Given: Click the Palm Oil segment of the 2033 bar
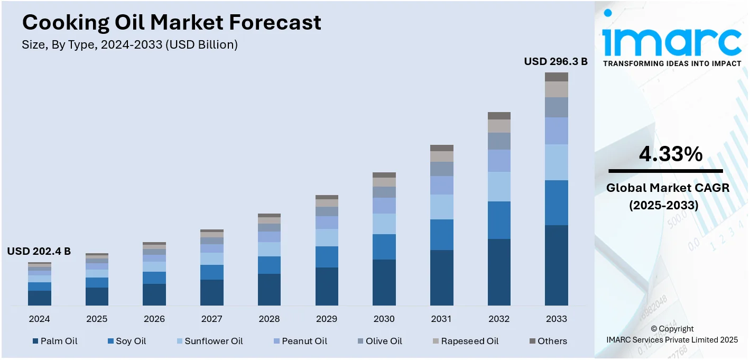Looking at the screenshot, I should tap(557, 265).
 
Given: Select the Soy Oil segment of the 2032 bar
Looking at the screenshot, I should tap(499, 220).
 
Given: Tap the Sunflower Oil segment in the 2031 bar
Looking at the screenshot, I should tap(441, 207).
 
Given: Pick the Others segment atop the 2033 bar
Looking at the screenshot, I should tap(557, 77).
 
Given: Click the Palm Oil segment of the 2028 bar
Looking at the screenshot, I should tap(269, 289).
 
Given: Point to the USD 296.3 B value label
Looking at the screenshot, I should tap(555, 61).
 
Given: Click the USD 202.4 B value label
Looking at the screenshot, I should tap(39, 252).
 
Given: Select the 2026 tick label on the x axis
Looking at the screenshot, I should tap(154, 319).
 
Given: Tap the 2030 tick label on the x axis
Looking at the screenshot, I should tap(384, 319).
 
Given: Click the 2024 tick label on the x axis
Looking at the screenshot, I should tap(39, 319).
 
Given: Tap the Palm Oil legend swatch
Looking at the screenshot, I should tap(35, 341).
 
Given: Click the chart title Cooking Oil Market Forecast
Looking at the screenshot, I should tap(171, 22).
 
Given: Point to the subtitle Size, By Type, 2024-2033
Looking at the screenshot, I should tap(129, 44).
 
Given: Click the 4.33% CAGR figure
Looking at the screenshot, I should tap(670, 154).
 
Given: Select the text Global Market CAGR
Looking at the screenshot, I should tap(668, 187).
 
